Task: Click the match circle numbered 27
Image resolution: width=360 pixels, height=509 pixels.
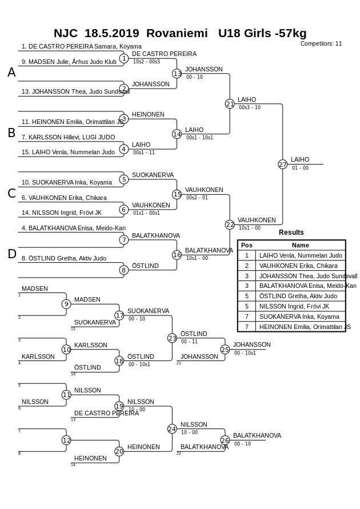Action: (282, 165)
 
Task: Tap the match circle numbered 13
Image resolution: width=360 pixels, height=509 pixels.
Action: (177, 74)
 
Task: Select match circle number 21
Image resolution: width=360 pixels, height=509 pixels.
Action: (230, 104)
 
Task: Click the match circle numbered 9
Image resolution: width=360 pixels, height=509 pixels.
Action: (66, 304)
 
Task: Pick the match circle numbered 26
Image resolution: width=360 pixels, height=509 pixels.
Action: (225, 440)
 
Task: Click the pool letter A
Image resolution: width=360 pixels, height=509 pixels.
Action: (11, 73)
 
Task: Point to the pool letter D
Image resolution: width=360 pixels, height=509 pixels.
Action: (11, 254)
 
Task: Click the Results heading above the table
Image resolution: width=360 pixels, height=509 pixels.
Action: (291, 233)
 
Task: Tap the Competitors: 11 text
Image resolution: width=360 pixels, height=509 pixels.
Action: (321, 44)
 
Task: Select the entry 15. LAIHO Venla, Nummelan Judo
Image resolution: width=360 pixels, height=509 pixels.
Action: (68, 152)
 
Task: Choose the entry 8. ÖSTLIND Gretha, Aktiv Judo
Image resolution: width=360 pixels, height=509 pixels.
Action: (64, 258)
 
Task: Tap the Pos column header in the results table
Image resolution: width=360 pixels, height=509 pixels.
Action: (246, 245)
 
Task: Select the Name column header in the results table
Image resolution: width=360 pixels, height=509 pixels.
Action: (301, 245)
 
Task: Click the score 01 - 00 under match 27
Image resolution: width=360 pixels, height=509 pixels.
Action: (300, 168)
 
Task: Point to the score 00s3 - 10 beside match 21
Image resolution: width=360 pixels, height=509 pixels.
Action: (250, 107)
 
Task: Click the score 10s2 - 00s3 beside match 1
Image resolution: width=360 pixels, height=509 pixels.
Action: (146, 62)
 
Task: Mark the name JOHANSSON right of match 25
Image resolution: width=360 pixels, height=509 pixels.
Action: (251, 344)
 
